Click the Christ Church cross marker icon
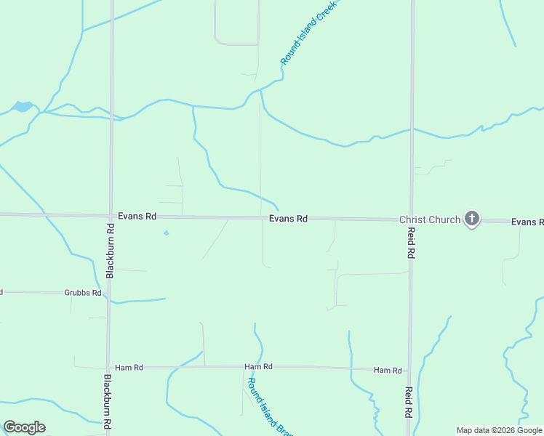pos(472,218)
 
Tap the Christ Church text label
pos(429,219)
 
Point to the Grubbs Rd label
pos(81,294)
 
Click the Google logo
pos(24,427)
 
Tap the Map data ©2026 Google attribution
pos(500,430)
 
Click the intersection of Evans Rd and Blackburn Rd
pos(111,216)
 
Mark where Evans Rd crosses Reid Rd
pos(411,219)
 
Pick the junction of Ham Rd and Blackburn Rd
pos(108,367)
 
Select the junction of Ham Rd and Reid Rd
pos(409,370)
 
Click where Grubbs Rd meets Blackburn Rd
pos(108,293)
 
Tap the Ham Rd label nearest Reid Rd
pos(388,371)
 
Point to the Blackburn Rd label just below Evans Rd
pos(111,250)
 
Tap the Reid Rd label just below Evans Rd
pos(411,244)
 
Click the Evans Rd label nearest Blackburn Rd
pos(137,217)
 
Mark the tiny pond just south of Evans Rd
pos(166,233)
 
